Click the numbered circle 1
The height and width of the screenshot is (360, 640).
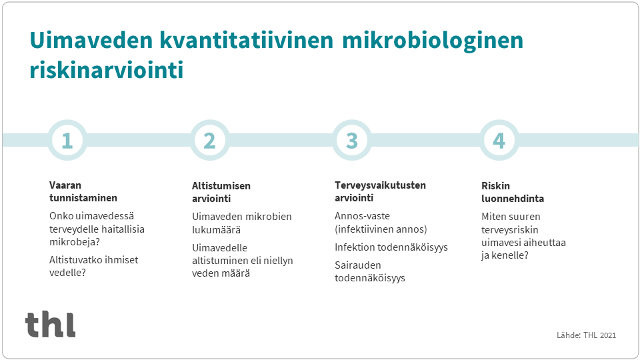click(x=67, y=140)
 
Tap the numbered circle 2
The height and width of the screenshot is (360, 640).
click(x=209, y=140)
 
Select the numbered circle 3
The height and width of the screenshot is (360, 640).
click(x=352, y=140)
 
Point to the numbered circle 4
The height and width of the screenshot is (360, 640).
click(x=499, y=140)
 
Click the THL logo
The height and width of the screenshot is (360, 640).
click(x=51, y=324)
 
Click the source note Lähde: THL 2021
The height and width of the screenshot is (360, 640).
click(x=586, y=335)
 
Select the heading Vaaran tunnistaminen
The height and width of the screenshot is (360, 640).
click(x=83, y=191)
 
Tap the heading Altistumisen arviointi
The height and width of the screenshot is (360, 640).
click(x=221, y=192)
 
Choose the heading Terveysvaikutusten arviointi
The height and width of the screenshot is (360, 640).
click(x=380, y=191)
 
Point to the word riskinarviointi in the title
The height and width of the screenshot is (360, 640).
click(x=106, y=70)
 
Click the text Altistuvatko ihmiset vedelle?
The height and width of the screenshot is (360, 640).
click(x=94, y=266)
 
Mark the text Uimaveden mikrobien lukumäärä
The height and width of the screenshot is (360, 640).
click(x=242, y=223)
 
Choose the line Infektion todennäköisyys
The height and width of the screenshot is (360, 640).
click(x=391, y=247)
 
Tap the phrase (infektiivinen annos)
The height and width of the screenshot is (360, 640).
click(x=381, y=229)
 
